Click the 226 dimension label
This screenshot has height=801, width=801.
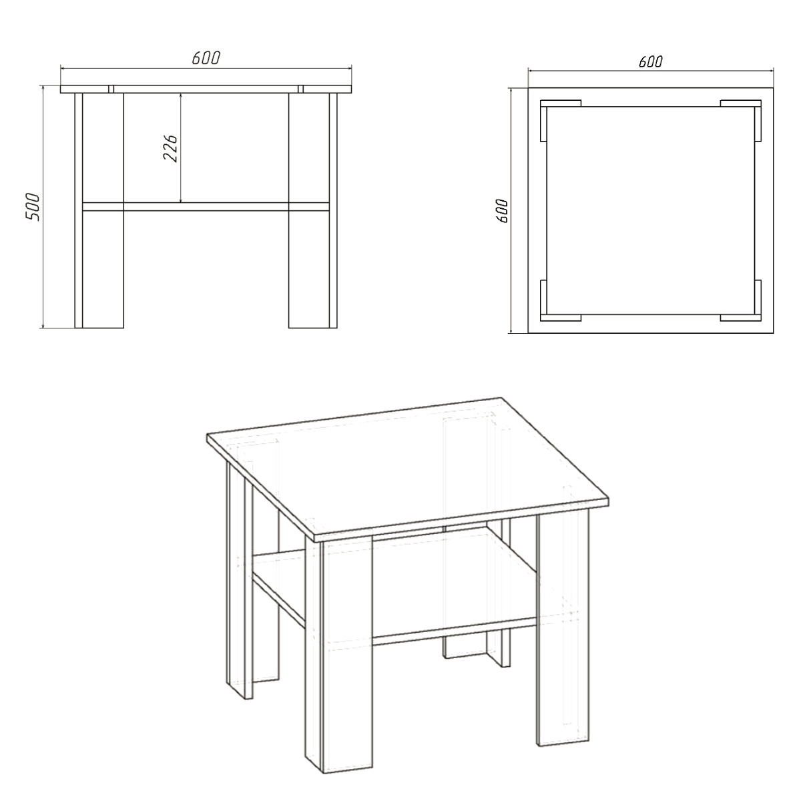170,148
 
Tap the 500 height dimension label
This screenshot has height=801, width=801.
33,206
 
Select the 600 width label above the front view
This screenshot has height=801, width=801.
206,58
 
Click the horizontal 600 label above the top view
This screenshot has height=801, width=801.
651,61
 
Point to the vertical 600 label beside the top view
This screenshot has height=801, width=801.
503,211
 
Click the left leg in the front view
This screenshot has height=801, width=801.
99,210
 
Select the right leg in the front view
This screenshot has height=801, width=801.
312,210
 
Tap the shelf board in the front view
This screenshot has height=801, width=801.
206,206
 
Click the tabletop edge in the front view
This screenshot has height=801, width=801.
206,89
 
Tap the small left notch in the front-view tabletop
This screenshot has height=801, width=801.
111,89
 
